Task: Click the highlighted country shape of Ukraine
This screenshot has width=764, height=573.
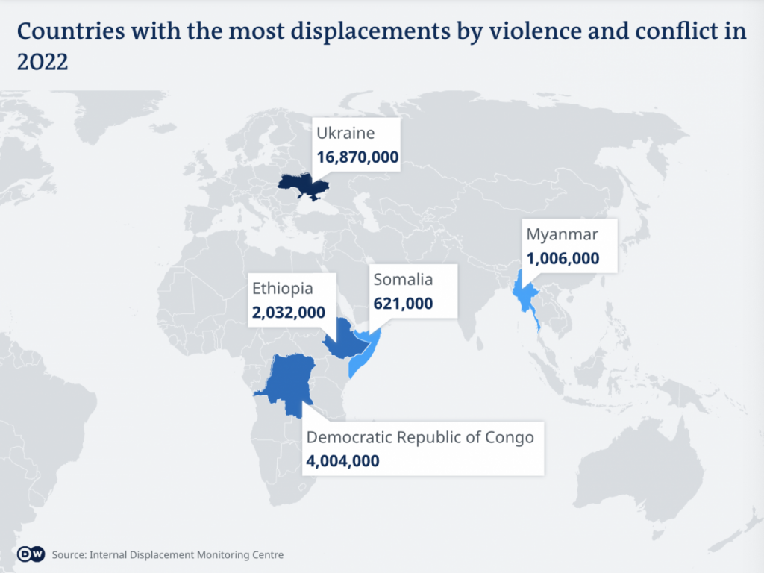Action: pyautogui.click(x=301, y=185)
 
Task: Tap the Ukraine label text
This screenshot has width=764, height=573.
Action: pyautogui.click(x=345, y=133)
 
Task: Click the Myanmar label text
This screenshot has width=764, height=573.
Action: pyautogui.click(x=562, y=234)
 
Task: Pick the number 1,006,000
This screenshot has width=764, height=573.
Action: pyautogui.click(x=562, y=259)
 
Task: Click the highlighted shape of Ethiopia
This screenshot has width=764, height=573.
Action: pyautogui.click(x=345, y=339)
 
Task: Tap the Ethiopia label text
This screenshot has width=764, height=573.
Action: pyautogui.click(x=282, y=288)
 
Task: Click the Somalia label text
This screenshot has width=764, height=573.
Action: pyautogui.click(x=403, y=280)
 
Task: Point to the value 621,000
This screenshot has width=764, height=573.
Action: pyautogui.click(x=403, y=304)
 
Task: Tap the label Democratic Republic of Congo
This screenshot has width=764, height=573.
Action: pyautogui.click(x=420, y=437)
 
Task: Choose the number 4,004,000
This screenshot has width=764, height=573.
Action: pyautogui.click(x=342, y=461)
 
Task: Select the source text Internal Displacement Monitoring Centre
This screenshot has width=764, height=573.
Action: pyautogui.click(x=187, y=555)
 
